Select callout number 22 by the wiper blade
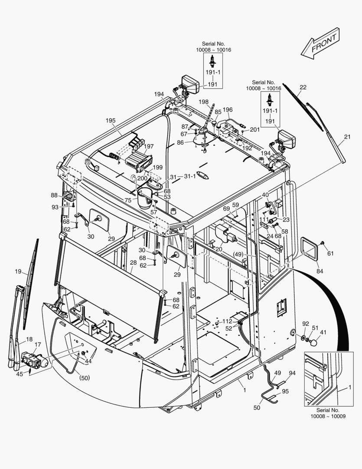[x=303, y=87]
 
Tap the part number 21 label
[x=347, y=137]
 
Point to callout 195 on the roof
[x=111, y=120]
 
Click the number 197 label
[x=149, y=146]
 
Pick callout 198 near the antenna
[x=203, y=102]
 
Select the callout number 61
[x=330, y=254]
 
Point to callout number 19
[x=18, y=272]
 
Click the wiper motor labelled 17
[x=34, y=360]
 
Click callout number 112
[x=228, y=321]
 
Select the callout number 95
[x=285, y=391]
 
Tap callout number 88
[x=54, y=195]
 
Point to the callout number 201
[x=254, y=129]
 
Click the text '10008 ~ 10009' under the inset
[x=328, y=416]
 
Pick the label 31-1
[x=190, y=176]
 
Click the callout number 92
[x=306, y=324]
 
